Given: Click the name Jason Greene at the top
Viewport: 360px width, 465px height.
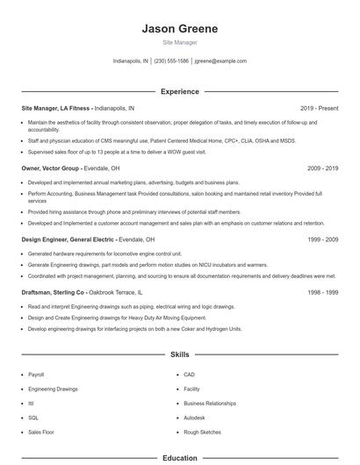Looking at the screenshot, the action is coord(179,28).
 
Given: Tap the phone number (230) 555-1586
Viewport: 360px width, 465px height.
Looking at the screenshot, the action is coord(171,61).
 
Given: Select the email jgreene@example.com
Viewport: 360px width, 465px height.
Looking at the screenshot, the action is coord(220,61).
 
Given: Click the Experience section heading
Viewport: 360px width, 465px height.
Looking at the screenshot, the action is coord(179,91).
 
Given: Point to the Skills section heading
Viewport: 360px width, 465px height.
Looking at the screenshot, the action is coord(179,355).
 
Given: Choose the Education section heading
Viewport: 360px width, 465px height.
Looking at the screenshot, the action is coord(179,458).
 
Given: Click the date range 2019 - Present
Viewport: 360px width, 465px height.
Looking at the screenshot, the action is coord(318,108).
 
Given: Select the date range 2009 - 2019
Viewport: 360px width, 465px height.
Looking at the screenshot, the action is coord(321,167).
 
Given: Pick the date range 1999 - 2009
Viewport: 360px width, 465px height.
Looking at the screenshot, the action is coord(321,240).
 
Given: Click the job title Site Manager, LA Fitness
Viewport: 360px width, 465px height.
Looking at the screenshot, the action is coord(56,108).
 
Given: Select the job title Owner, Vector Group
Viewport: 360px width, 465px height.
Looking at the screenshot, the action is coord(51,167).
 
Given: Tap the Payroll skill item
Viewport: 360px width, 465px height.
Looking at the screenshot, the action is coord(36,375).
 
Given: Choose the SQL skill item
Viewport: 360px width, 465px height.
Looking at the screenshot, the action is coord(33,418).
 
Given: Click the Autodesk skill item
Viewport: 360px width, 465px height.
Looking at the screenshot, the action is coord(194,418).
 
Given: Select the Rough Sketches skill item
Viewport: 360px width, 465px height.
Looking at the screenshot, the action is coord(201,432).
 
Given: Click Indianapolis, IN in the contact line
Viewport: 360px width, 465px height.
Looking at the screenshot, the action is coord(131,61).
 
